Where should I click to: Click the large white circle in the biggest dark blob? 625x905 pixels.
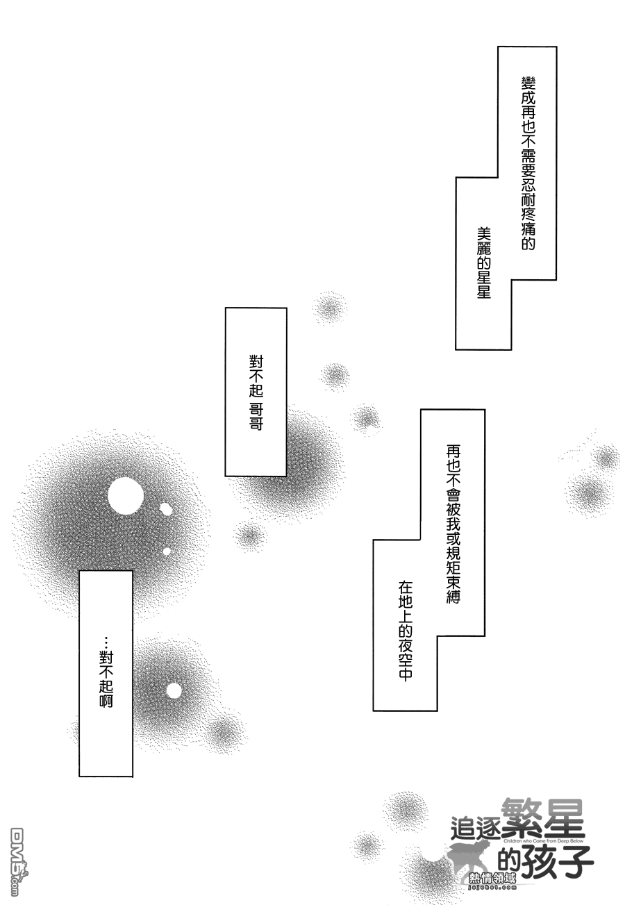point(125,497)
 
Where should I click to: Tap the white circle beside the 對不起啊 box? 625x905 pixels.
point(174,690)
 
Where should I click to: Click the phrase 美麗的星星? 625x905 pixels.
point(483,263)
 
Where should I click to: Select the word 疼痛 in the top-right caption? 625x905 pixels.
point(528,221)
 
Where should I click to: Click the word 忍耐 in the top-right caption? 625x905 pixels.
point(528,191)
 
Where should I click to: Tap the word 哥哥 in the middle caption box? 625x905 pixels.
point(256,417)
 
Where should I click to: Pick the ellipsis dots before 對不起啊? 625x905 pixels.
point(106,642)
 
